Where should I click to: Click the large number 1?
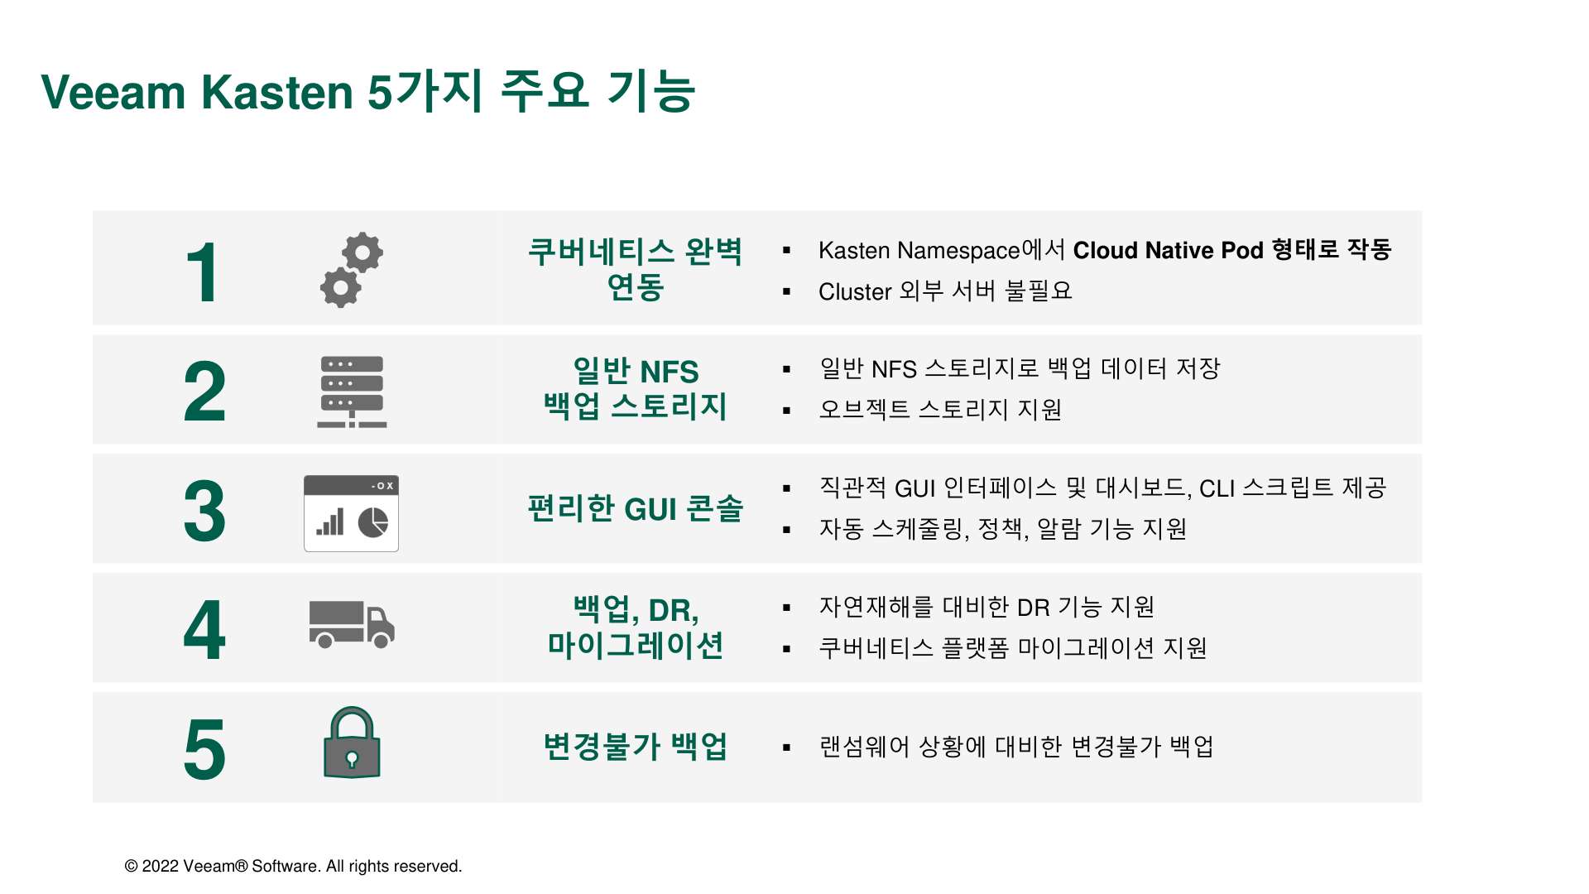point(204,272)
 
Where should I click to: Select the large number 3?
point(204,512)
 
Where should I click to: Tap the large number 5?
point(204,750)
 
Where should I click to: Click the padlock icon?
point(352,743)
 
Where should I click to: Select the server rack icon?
point(352,392)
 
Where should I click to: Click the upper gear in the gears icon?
point(362,252)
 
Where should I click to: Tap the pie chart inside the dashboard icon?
point(373,522)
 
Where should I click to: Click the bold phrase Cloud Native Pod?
point(1169,250)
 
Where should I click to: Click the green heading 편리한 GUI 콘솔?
point(636,508)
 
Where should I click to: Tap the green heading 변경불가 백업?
point(636,747)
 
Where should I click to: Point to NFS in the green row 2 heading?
point(670,372)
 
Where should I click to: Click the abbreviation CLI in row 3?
point(1217,488)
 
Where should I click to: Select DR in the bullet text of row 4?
point(1033,608)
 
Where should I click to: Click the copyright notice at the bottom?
point(293,866)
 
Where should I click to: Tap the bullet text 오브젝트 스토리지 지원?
point(940,410)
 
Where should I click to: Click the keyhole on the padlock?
point(352,759)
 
